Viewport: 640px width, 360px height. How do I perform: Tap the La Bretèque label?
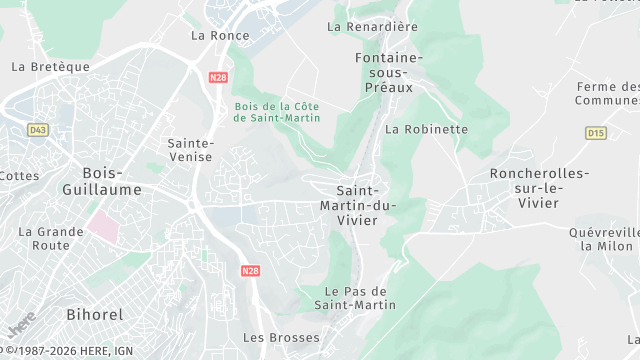coord(50,67)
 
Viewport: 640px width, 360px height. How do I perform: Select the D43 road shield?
coord(38,129)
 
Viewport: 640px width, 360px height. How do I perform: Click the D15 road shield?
coord(596,132)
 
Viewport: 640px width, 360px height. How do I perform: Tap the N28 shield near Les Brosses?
coord(249,270)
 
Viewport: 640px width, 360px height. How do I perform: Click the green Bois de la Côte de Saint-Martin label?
coord(276,112)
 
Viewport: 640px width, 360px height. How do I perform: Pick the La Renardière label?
coord(372,27)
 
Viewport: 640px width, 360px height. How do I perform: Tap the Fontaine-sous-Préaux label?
coord(390,72)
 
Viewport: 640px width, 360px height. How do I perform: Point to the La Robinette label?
coord(426,129)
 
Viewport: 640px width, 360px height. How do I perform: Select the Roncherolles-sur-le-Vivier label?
coord(539,189)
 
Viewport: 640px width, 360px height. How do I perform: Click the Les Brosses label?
coord(281,337)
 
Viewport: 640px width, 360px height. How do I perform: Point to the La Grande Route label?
coord(51,238)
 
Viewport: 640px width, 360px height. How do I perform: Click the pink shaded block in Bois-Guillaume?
coord(103,222)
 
